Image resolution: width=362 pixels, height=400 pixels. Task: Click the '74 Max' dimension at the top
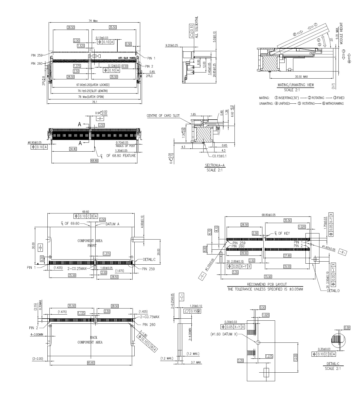pos(93,21)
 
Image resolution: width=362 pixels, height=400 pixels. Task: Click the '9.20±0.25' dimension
pos(172,45)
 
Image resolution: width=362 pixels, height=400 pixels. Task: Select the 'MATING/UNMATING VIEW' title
pos(296,85)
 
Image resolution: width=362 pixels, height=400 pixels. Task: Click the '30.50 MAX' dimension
pos(301,77)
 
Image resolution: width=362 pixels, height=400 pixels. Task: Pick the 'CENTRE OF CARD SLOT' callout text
pos(163,116)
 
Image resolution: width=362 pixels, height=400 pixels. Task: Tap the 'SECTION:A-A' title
pos(215,165)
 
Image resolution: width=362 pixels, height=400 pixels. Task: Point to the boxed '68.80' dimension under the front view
pos(94,161)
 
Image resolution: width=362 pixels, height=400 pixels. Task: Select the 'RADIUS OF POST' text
pos(125,146)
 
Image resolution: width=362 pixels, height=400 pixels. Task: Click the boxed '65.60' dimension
pos(91,363)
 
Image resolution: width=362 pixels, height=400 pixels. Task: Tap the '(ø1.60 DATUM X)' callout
pos(224,334)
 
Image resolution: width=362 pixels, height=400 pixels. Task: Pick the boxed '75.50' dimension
pos(268,277)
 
